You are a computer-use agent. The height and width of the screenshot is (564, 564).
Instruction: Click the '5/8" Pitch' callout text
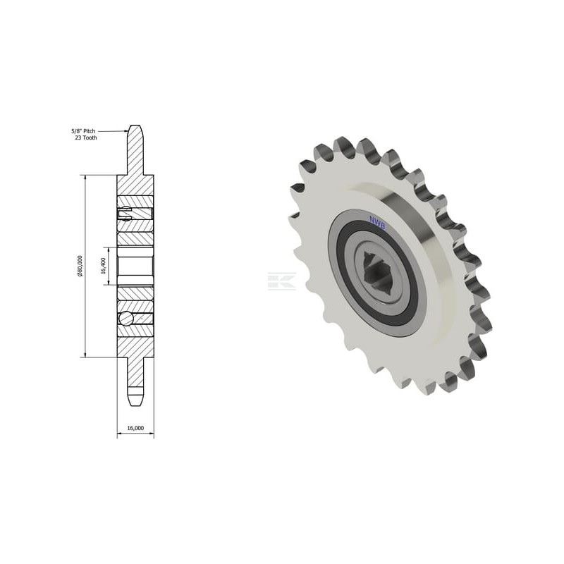[x=83, y=131]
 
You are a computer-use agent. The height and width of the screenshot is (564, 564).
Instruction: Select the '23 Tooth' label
[x=86, y=137]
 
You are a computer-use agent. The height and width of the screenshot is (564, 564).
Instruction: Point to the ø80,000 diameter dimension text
[x=80, y=266]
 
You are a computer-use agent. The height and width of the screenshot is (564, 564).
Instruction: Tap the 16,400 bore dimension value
[x=104, y=266]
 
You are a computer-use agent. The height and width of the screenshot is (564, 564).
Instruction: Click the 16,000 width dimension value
[x=135, y=428]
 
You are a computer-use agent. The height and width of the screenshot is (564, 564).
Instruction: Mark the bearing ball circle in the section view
[x=126, y=318]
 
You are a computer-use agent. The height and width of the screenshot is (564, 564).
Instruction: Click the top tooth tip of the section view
[x=135, y=125]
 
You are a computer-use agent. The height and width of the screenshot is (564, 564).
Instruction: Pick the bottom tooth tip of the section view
[x=135, y=406]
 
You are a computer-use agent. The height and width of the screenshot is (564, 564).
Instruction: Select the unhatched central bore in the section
[x=135, y=266]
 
